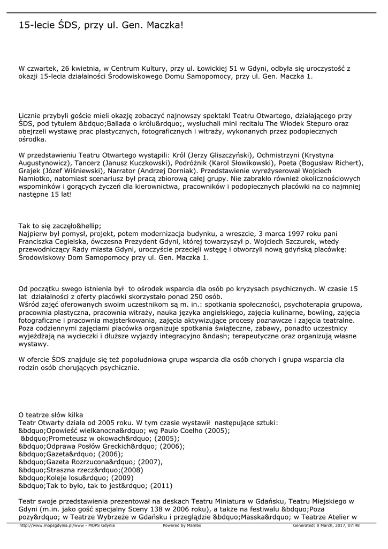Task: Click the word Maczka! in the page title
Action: coord(163,25)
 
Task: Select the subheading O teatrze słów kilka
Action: coord(51,415)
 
